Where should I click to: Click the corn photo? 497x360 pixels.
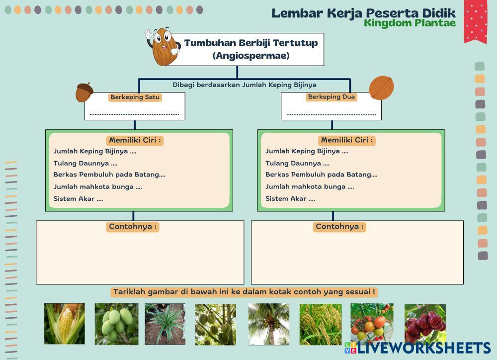click(x=65, y=324)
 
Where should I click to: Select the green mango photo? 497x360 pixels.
click(x=117, y=324)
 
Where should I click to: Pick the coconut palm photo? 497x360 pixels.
click(x=269, y=324)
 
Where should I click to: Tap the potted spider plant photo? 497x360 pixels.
click(x=165, y=324)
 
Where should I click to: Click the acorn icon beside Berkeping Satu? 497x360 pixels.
click(x=84, y=92)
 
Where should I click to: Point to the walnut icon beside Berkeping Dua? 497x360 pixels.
click(x=382, y=88)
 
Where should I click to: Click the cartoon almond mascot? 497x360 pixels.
click(x=163, y=46)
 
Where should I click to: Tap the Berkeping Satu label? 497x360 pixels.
click(x=135, y=97)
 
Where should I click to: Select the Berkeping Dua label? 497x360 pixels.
click(x=331, y=97)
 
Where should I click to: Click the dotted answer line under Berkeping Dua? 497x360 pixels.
click(x=331, y=114)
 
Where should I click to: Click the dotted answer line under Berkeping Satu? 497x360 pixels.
click(x=134, y=114)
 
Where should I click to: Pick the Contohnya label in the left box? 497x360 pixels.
click(x=133, y=226)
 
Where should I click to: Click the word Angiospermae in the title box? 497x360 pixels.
click(x=251, y=56)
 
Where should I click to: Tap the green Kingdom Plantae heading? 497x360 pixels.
click(x=410, y=23)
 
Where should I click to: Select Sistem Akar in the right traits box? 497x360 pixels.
click(x=286, y=198)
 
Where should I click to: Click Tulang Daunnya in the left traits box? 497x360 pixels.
click(x=81, y=164)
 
